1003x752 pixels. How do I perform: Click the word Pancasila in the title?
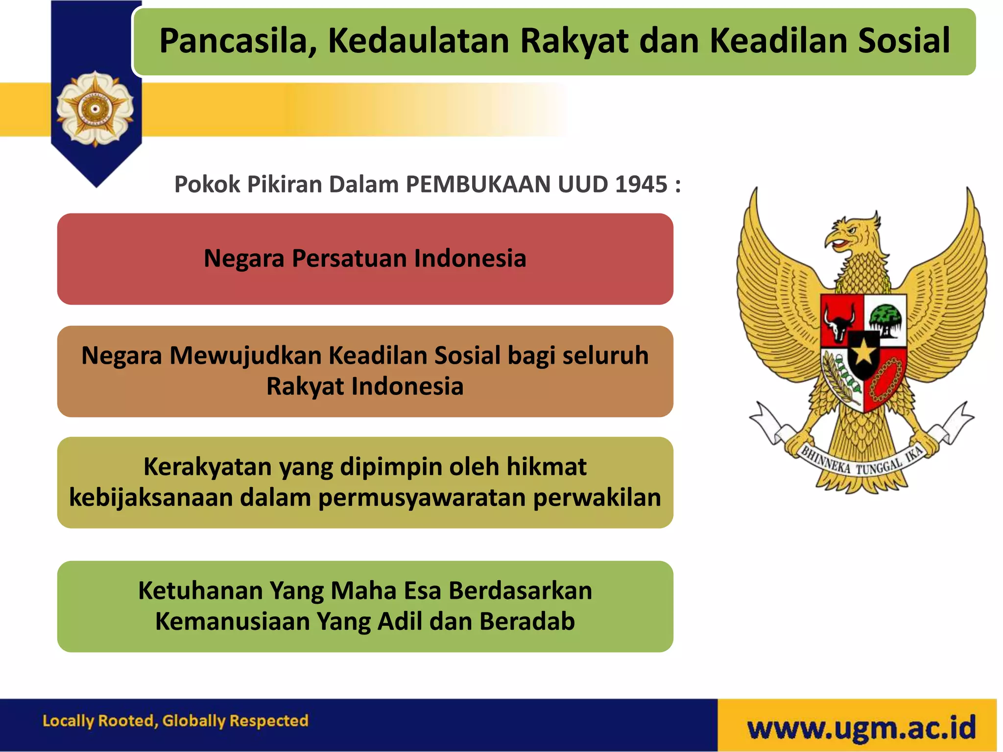click(238, 41)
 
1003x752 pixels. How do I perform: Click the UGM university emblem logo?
click(95, 109)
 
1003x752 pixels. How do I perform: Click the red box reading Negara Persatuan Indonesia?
click(365, 258)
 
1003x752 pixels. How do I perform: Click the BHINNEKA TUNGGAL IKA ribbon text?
click(862, 463)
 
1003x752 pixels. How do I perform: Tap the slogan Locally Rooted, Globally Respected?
click(175, 721)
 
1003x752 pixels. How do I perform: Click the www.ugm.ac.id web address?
click(861, 728)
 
